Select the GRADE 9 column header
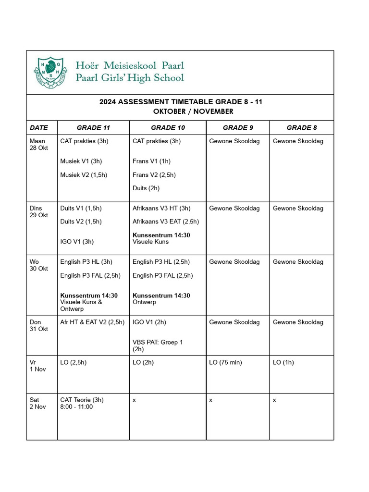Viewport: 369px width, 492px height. pos(237,128)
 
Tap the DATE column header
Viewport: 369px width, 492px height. pos(39,128)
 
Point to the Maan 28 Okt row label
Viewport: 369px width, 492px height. pos(39,145)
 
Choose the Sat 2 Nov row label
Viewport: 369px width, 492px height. pos(38,403)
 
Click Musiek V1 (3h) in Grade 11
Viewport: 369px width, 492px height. pos(81,161)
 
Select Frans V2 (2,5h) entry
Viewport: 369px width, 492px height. pos(154,175)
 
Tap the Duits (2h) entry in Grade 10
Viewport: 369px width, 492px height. pos(146,188)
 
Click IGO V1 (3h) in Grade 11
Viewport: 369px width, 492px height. pos(77,242)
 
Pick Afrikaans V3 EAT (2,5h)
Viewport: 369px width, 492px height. pos(165,221)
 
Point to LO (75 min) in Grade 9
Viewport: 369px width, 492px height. pos(225,362)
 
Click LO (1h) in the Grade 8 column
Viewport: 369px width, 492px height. pos(283,362)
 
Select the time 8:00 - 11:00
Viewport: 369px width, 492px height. pos(76,407)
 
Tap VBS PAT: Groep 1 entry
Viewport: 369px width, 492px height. pos(158,342)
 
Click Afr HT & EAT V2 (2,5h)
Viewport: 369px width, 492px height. pos(92,322)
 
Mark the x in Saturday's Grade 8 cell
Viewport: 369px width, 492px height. pos(274,400)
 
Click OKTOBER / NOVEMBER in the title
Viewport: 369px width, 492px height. pos(193,111)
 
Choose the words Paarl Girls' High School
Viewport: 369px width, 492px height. pos(130,78)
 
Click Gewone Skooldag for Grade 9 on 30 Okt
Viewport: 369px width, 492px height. pos(234,262)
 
